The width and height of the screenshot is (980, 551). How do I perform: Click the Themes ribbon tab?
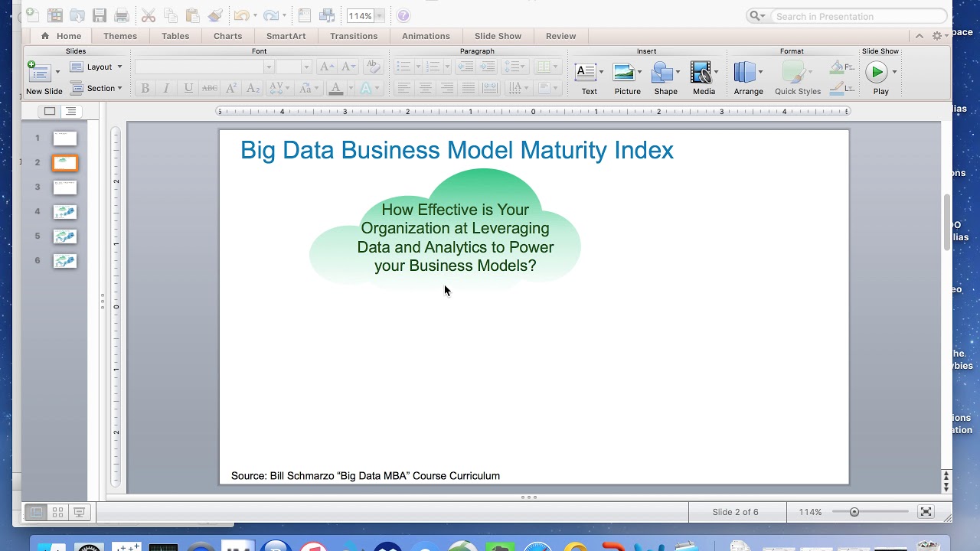tap(120, 36)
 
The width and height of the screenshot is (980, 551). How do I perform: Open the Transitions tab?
tap(354, 36)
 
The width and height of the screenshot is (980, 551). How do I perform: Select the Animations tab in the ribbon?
tap(426, 36)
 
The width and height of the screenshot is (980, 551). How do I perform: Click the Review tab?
tap(560, 36)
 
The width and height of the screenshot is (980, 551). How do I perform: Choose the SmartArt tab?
tap(286, 36)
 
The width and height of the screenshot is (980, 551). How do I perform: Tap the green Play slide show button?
tap(876, 72)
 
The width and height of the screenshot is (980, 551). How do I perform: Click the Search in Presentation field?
tap(857, 16)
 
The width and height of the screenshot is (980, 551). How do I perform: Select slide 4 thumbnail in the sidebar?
tap(65, 212)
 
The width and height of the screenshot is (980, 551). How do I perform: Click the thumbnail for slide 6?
tap(65, 261)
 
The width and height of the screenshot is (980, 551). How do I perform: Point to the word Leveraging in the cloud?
tap(511, 228)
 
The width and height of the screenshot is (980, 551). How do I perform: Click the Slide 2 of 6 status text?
tap(735, 512)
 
